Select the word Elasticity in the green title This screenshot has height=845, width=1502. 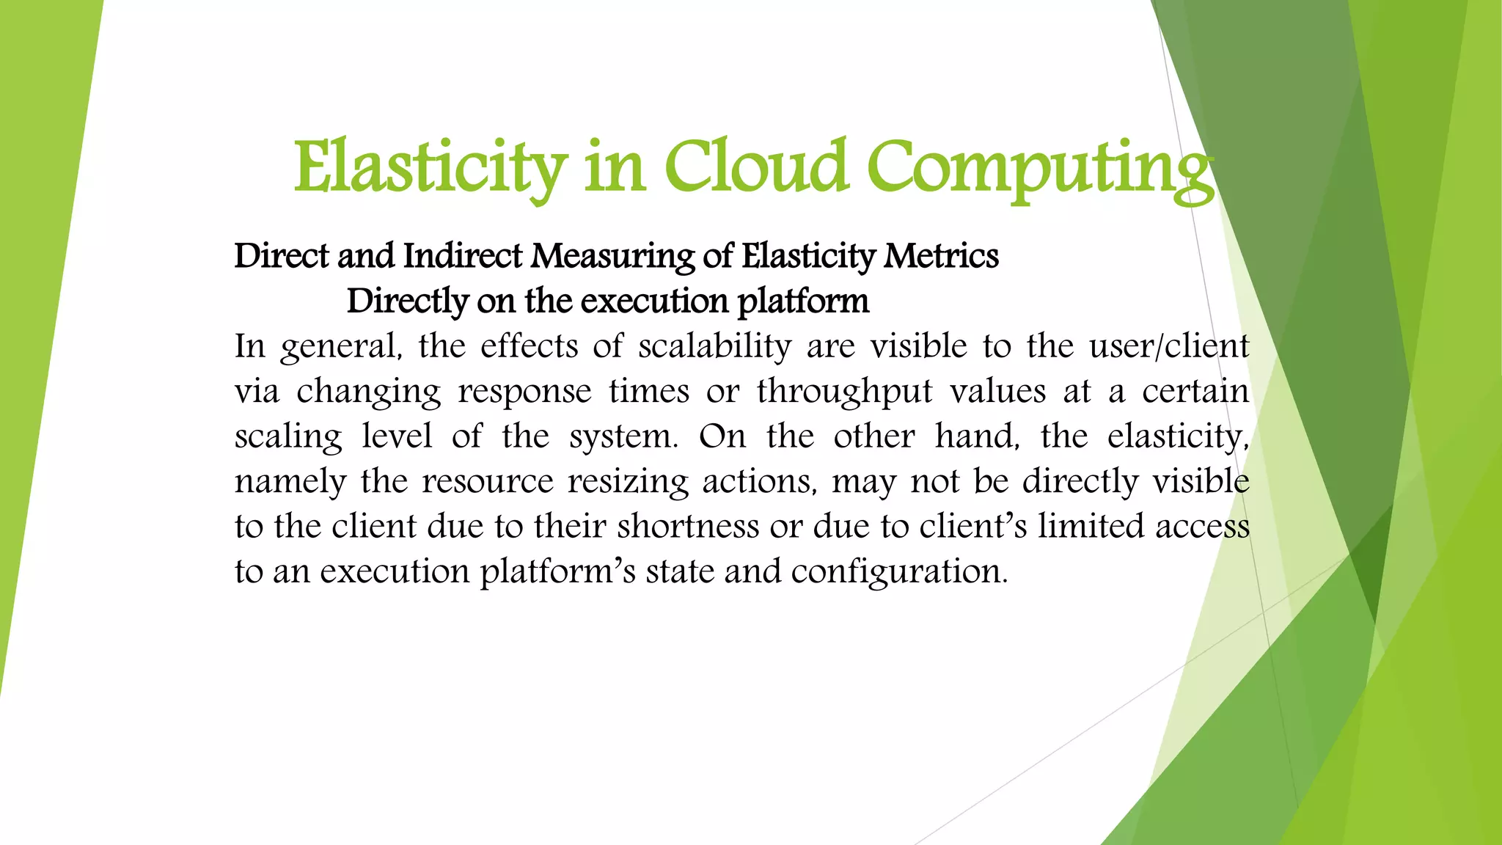pyautogui.click(x=431, y=169)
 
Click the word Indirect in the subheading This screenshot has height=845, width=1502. pyautogui.click(x=463, y=256)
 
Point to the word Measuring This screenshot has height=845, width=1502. pyautogui.click(x=612, y=256)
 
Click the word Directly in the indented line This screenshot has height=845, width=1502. pyautogui.click(x=407, y=301)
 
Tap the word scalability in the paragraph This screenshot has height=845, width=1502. pyautogui.click(x=714, y=345)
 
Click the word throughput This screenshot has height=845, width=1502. pyautogui.click(x=844, y=391)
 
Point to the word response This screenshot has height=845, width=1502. pyautogui.click(x=524, y=391)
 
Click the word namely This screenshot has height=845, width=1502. pyautogui.click(x=290, y=482)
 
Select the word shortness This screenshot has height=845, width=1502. pyautogui.click(x=688, y=526)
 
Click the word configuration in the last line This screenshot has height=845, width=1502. pyautogui.click(x=899, y=571)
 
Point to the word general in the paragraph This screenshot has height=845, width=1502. pyautogui.click(x=342, y=347)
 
